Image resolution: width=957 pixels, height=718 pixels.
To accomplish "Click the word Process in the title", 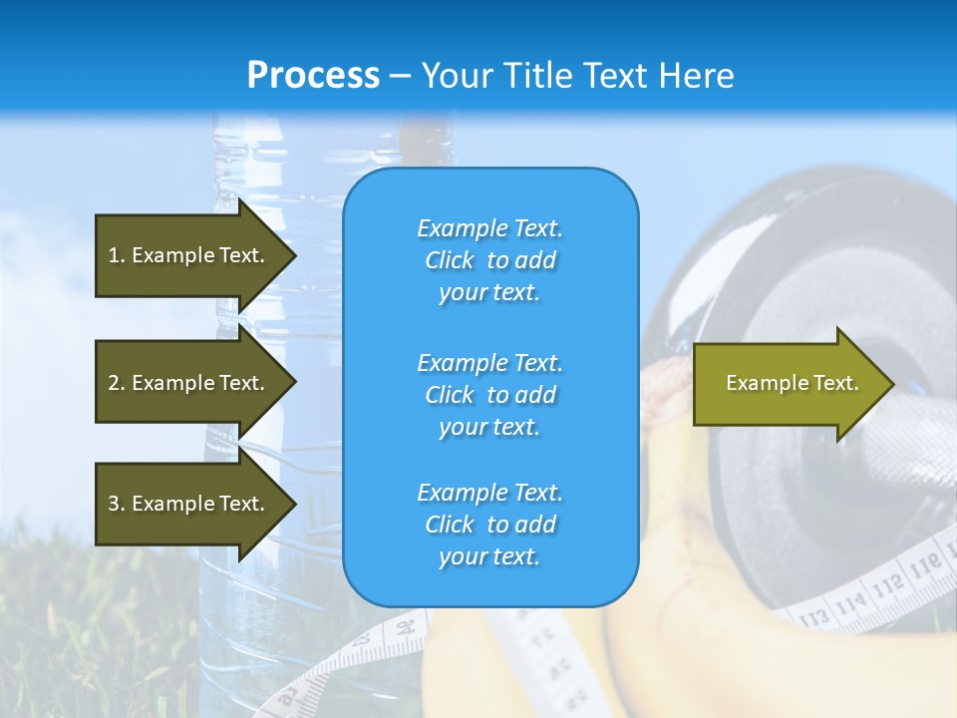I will pos(313,76).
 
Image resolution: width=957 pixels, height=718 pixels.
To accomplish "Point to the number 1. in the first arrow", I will pos(117,255).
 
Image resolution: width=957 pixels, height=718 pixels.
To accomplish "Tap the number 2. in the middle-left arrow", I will pos(117,383).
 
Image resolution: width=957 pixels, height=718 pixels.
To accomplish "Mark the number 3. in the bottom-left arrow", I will pos(117,504).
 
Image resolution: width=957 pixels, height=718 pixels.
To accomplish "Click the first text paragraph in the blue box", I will pos(489,260).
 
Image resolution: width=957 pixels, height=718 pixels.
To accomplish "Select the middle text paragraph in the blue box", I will pos(489,395).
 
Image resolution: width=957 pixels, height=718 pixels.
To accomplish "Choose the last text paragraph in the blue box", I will pos(489,525).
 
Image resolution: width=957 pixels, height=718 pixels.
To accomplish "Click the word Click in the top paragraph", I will pos(450,260).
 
